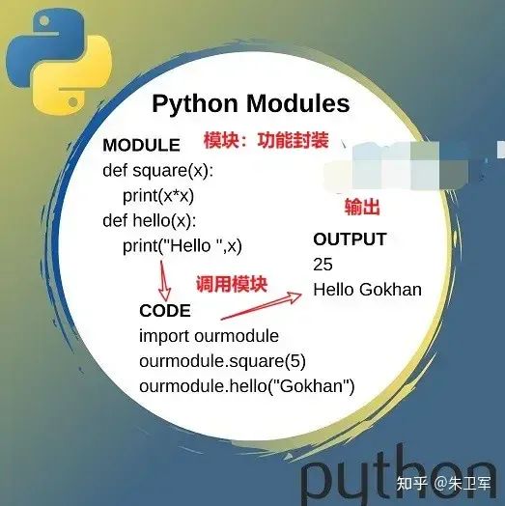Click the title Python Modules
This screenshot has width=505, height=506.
(251, 104)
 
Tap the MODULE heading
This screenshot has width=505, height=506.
(141, 146)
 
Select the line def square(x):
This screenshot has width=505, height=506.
(157, 171)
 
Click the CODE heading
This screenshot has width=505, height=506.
(165, 311)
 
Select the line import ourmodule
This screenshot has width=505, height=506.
(209, 336)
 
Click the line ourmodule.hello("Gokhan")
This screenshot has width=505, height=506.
(247, 386)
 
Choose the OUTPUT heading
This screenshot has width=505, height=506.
(350, 239)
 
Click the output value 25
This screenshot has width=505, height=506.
(323, 264)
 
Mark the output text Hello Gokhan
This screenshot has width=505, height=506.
(367, 289)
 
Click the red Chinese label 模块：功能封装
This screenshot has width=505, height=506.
(266, 140)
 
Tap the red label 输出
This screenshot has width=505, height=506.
(362, 208)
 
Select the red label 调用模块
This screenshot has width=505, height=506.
(231, 284)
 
